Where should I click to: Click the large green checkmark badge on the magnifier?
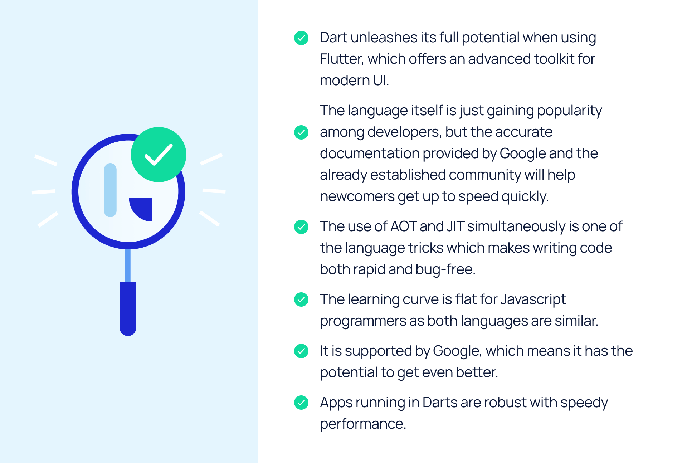(x=159, y=155)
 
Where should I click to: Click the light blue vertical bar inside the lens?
(x=110, y=190)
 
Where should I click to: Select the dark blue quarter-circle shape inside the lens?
(x=141, y=209)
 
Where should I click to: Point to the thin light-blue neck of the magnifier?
(x=128, y=265)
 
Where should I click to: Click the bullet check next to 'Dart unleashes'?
(x=301, y=38)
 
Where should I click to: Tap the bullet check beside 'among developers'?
(x=301, y=132)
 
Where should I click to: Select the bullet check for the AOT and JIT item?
(x=301, y=227)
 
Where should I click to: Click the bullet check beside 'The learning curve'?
(x=301, y=300)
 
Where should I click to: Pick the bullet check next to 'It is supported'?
(x=301, y=351)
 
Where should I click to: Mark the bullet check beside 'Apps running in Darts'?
(x=301, y=403)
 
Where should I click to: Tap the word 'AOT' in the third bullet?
(x=403, y=226)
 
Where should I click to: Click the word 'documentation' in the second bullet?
(x=370, y=153)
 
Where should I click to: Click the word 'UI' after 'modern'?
(x=380, y=81)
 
